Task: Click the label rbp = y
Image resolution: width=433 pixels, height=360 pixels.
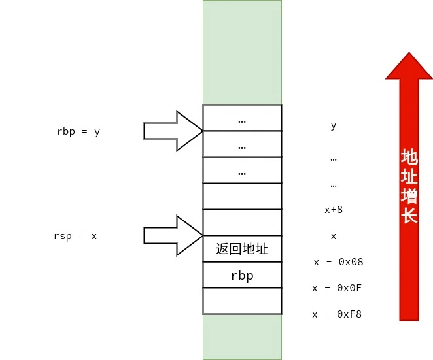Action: click(x=78, y=131)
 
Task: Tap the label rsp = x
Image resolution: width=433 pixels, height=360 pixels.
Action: click(x=75, y=236)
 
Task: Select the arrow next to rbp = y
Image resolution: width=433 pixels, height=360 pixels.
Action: click(x=173, y=131)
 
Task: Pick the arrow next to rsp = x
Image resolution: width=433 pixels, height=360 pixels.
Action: click(x=173, y=235)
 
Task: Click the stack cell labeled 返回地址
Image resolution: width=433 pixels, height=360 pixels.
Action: click(x=242, y=249)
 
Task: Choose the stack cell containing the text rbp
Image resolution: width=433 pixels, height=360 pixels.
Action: click(x=242, y=275)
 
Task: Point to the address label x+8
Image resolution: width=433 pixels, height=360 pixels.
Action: click(x=334, y=210)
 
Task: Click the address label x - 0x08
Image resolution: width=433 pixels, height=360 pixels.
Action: click(x=338, y=262)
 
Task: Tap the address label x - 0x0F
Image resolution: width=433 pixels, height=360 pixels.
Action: click(x=338, y=288)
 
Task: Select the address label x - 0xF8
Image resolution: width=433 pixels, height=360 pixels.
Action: click(x=338, y=314)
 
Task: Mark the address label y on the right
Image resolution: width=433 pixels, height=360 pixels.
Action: click(x=334, y=125)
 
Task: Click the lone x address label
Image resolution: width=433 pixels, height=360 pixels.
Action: click(x=334, y=236)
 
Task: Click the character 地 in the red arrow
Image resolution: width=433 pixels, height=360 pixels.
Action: click(x=409, y=157)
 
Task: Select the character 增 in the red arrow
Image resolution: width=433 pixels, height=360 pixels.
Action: click(x=409, y=196)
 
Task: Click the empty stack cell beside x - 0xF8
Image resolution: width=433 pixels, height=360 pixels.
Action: click(x=242, y=301)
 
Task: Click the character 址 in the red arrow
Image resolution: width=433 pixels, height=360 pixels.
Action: click(x=409, y=176)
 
